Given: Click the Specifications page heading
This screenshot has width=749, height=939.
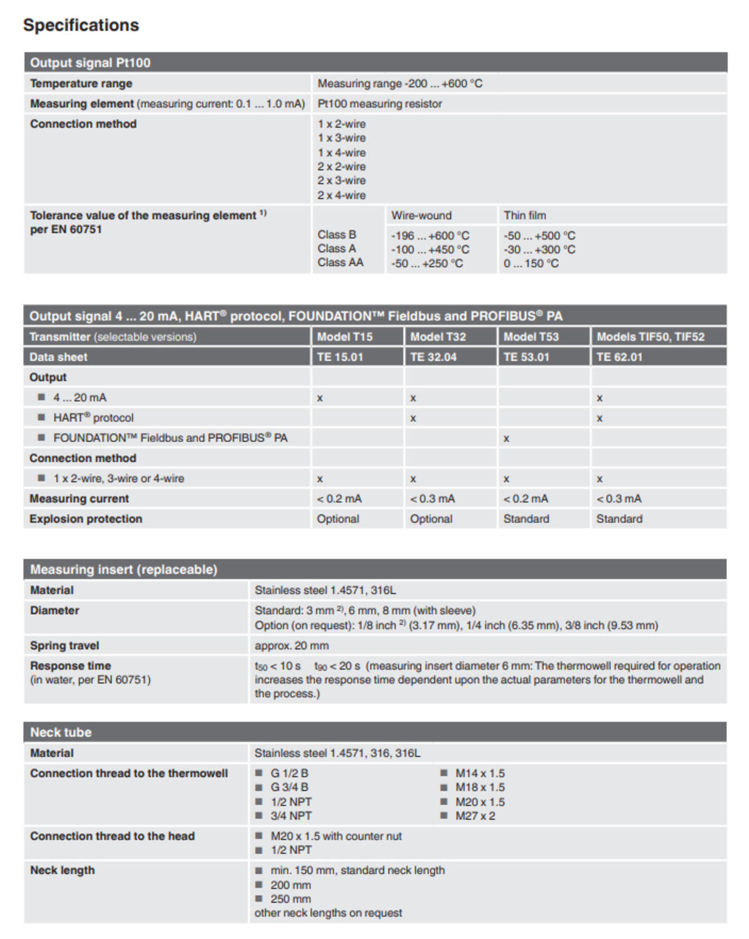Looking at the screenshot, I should point(81,25).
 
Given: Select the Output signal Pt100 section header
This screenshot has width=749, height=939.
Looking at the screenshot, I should point(90,63).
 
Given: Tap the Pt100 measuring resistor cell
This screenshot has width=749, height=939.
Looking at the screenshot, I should point(379,104).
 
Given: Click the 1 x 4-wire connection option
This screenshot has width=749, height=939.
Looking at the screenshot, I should point(341,153).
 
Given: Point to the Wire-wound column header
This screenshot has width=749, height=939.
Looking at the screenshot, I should point(421,215).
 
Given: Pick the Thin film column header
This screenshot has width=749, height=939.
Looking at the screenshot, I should point(524,215).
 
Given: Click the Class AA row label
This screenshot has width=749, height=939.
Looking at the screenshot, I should point(340,263).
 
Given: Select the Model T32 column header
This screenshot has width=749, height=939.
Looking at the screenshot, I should point(437,337).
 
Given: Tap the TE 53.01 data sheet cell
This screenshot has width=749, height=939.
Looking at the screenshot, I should point(526,357).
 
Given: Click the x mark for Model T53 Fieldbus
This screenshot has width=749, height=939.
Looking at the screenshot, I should point(506,438).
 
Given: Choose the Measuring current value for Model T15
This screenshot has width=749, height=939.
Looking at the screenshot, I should point(339,499).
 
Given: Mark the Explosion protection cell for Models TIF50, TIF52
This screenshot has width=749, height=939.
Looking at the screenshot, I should point(619,519).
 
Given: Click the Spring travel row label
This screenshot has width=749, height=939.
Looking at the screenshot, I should point(64,645).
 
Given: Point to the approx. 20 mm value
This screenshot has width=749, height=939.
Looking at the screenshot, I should point(291,645).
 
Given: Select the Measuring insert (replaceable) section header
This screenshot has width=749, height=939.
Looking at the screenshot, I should point(123,570).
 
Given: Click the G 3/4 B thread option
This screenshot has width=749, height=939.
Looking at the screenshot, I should point(289,788).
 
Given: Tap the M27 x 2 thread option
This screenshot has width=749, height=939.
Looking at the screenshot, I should point(474,816).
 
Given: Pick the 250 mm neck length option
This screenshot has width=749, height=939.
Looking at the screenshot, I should point(290,899).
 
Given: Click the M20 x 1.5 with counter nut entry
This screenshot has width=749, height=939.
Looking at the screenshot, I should point(336,836).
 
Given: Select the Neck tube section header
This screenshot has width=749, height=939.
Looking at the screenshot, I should point(61,732).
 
